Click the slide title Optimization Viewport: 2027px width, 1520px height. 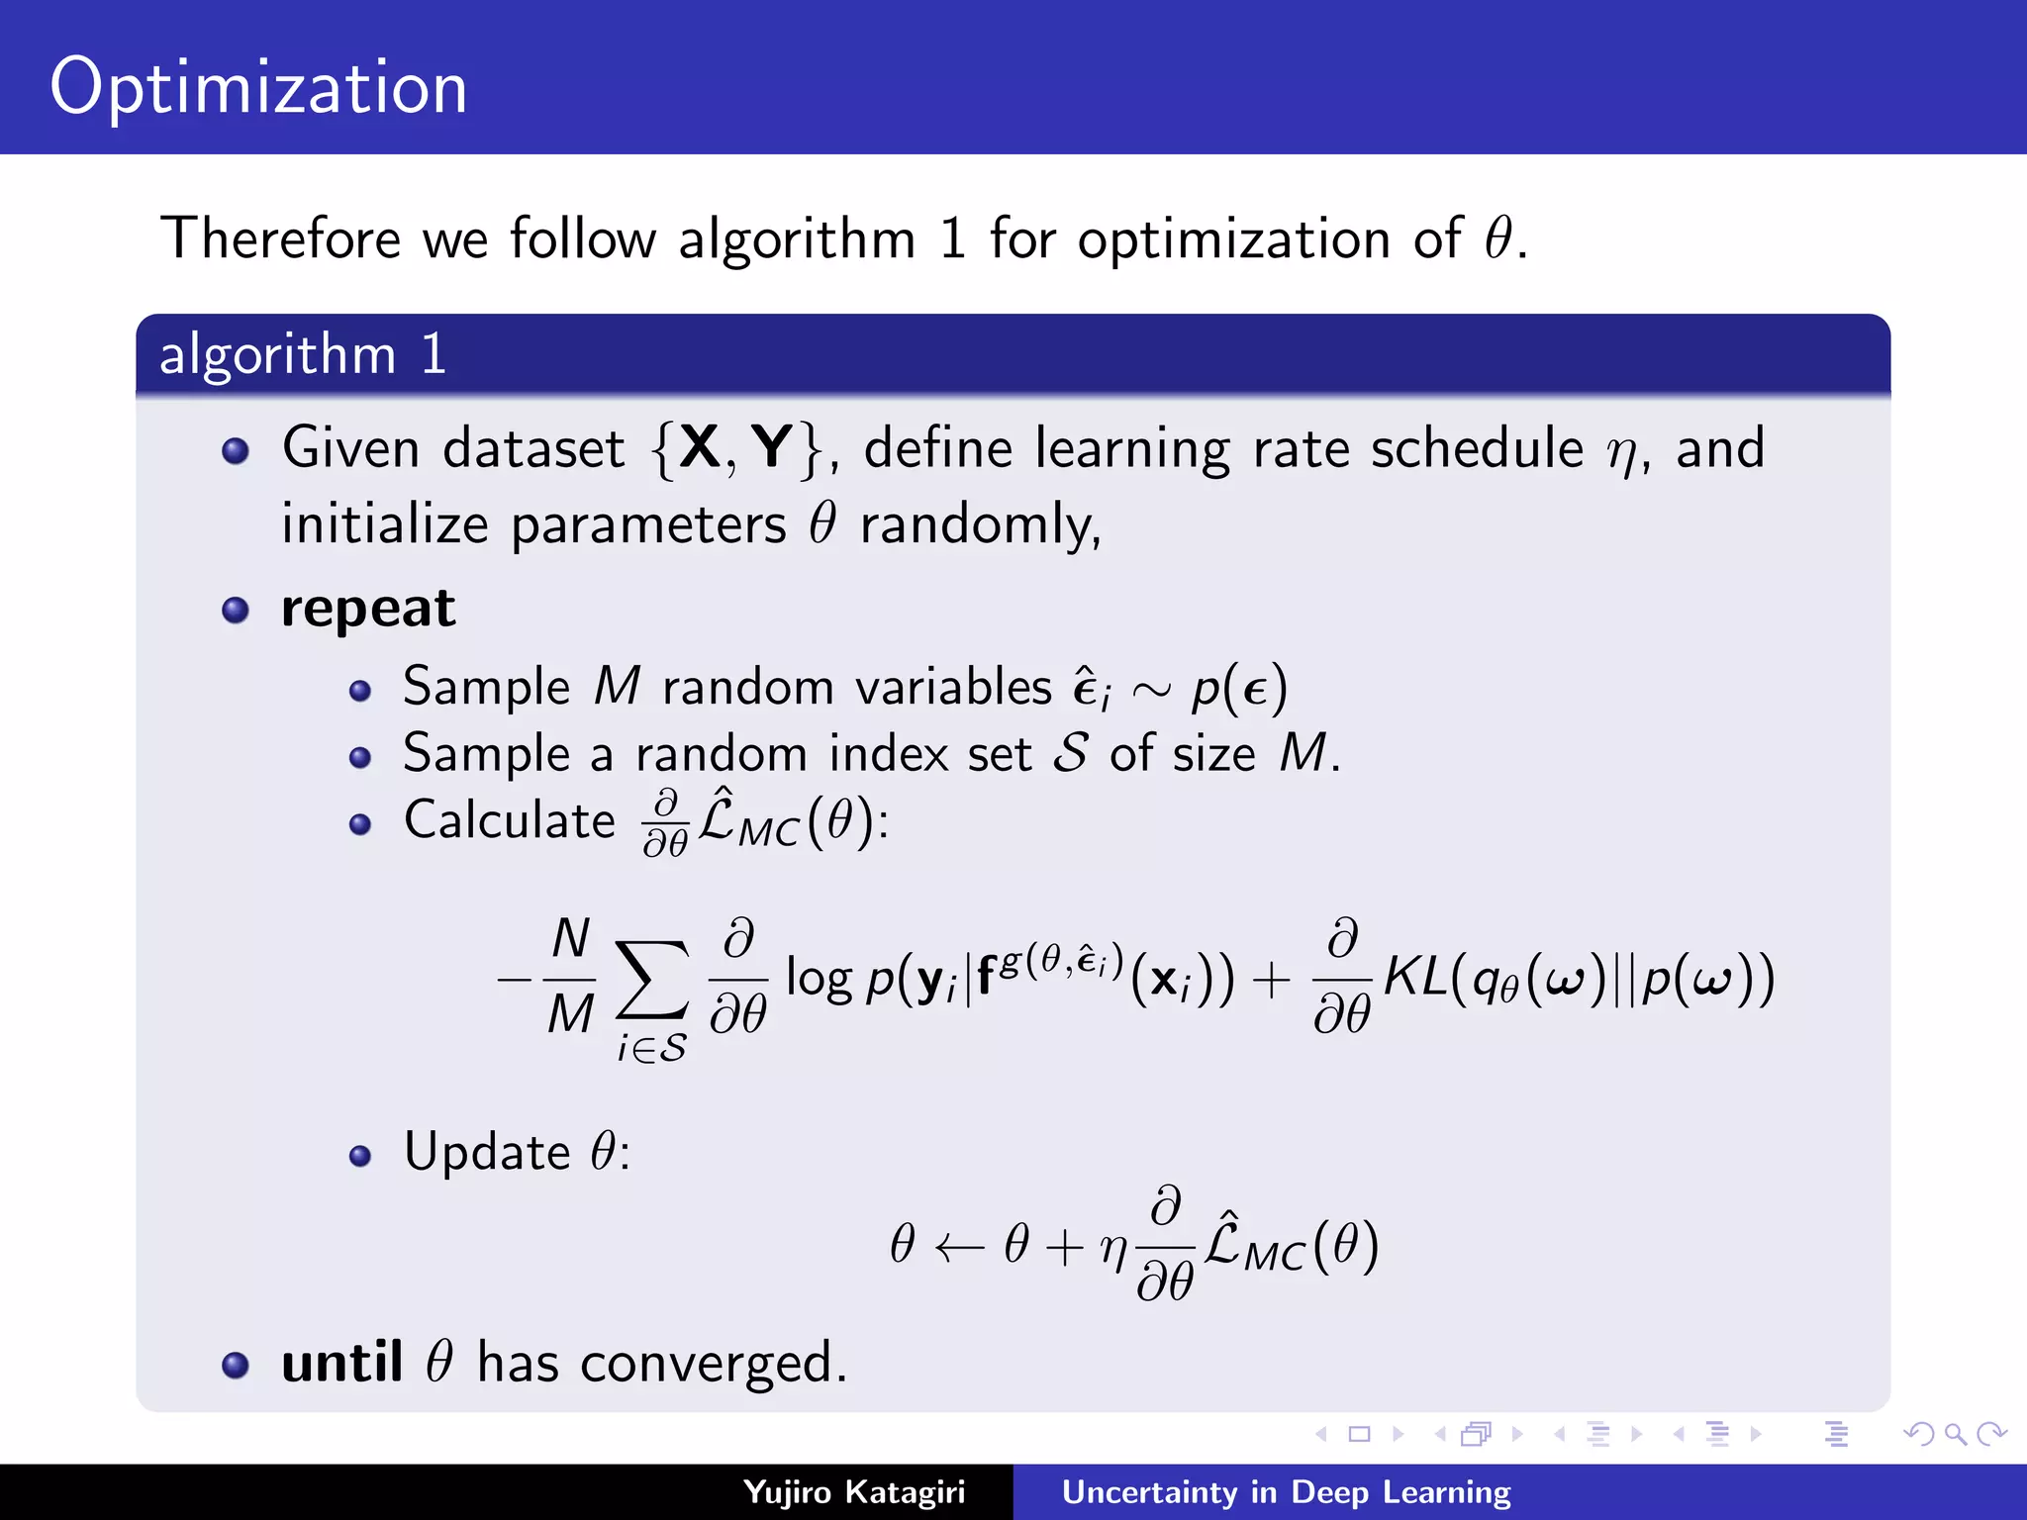[258, 88]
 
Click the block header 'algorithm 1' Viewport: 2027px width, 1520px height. [303, 354]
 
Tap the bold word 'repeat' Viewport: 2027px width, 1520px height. [368, 609]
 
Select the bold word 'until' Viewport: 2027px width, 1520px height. [341, 1363]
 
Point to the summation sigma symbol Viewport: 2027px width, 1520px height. [651, 980]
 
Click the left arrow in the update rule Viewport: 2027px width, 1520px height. [959, 1247]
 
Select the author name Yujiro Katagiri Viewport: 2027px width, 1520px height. [853, 1491]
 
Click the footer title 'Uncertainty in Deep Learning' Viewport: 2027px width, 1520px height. [1286, 1491]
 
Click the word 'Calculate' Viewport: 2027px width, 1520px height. [510, 820]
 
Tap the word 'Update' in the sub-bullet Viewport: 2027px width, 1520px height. [487, 1152]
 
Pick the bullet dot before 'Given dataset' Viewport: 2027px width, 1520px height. [236, 451]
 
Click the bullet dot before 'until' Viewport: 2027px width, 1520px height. [236, 1365]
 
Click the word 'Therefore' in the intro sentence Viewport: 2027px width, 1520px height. [281, 238]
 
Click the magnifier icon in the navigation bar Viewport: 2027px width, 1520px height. [1954, 1433]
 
